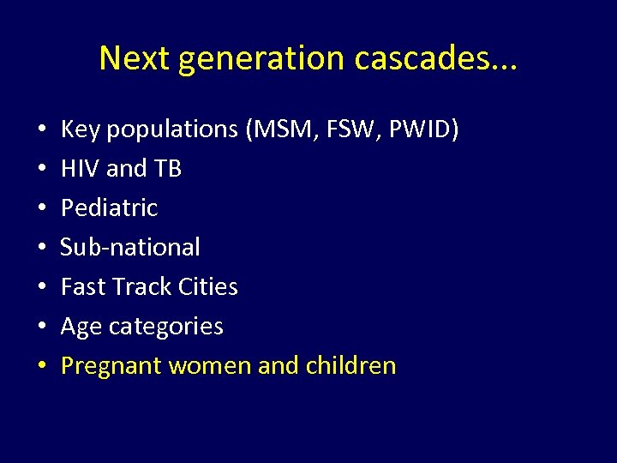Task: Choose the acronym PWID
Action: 423,129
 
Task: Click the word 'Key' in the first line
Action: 79,129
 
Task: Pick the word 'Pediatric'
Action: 110,208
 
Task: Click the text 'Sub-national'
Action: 130,248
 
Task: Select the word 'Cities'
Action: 206,287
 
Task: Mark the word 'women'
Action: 210,366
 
